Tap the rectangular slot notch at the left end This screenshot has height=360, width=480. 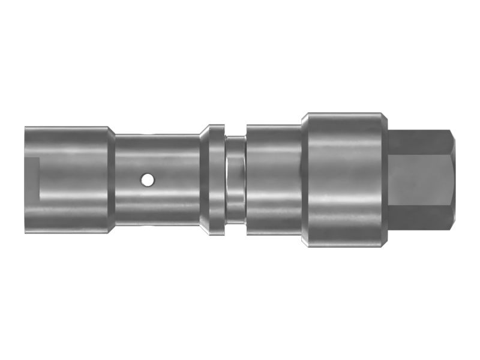coord(32,178)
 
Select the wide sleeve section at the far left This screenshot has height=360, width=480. coord(66,179)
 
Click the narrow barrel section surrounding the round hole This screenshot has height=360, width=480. coord(156,198)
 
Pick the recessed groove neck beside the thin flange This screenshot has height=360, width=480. coord(235,179)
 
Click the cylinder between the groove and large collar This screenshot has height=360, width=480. coord(273,179)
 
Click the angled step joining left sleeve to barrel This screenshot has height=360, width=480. coord(112,179)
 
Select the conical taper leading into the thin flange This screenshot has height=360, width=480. coord(204,179)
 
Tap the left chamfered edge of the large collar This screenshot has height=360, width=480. coord(304,179)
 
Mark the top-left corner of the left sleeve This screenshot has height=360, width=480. coord(26,127)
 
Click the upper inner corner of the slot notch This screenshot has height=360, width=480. coord(40,158)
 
